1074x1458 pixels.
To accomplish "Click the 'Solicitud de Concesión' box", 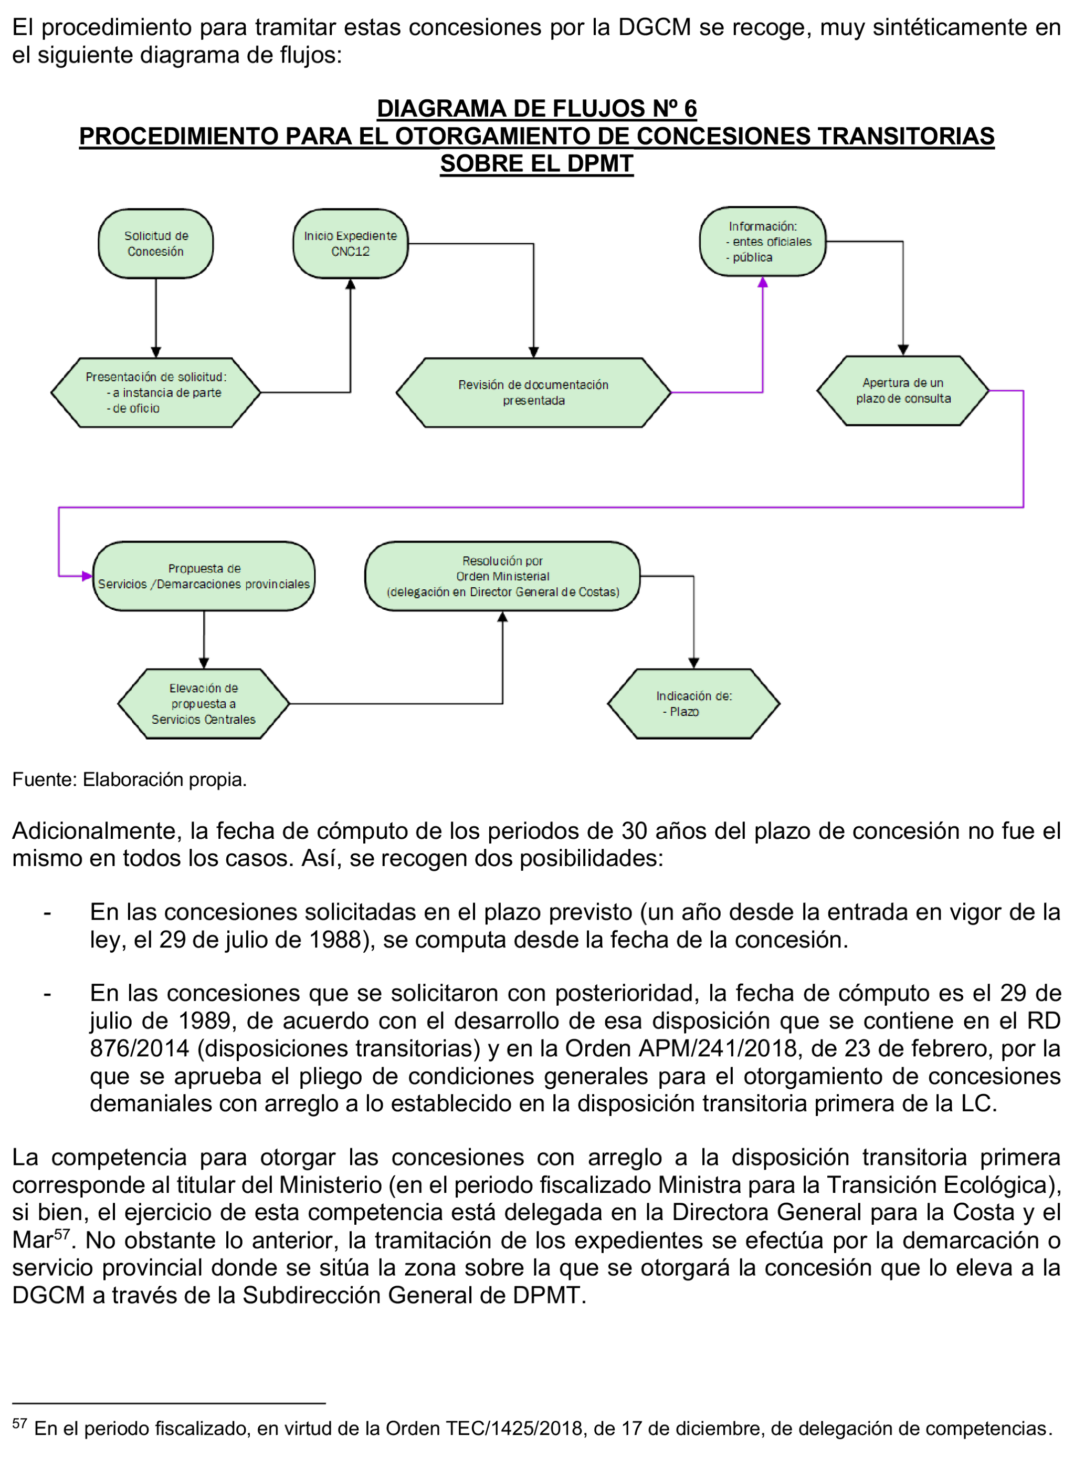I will point(155,244).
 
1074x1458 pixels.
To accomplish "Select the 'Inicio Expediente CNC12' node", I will point(351,244).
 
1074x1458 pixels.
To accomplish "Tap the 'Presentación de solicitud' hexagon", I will point(155,392).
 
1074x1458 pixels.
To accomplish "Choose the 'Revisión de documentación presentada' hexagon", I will point(533,392).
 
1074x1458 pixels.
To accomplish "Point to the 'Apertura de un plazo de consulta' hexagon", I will point(903,390).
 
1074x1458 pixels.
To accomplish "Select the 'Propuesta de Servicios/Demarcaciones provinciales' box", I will point(204,576).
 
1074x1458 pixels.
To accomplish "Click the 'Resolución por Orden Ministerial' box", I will point(502,576).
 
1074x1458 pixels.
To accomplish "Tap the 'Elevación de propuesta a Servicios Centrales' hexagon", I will point(204,704).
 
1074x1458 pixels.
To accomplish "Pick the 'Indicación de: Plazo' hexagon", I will point(693,704).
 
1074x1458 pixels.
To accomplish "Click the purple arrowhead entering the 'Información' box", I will point(763,282).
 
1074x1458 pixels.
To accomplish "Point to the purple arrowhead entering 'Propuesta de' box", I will point(87,576).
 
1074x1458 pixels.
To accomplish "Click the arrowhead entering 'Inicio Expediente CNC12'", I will point(351,284).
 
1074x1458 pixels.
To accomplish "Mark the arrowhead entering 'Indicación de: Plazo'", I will point(693,663).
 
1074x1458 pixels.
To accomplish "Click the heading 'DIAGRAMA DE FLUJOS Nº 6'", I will point(536,108).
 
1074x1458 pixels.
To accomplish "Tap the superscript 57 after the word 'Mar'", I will point(62,1234).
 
